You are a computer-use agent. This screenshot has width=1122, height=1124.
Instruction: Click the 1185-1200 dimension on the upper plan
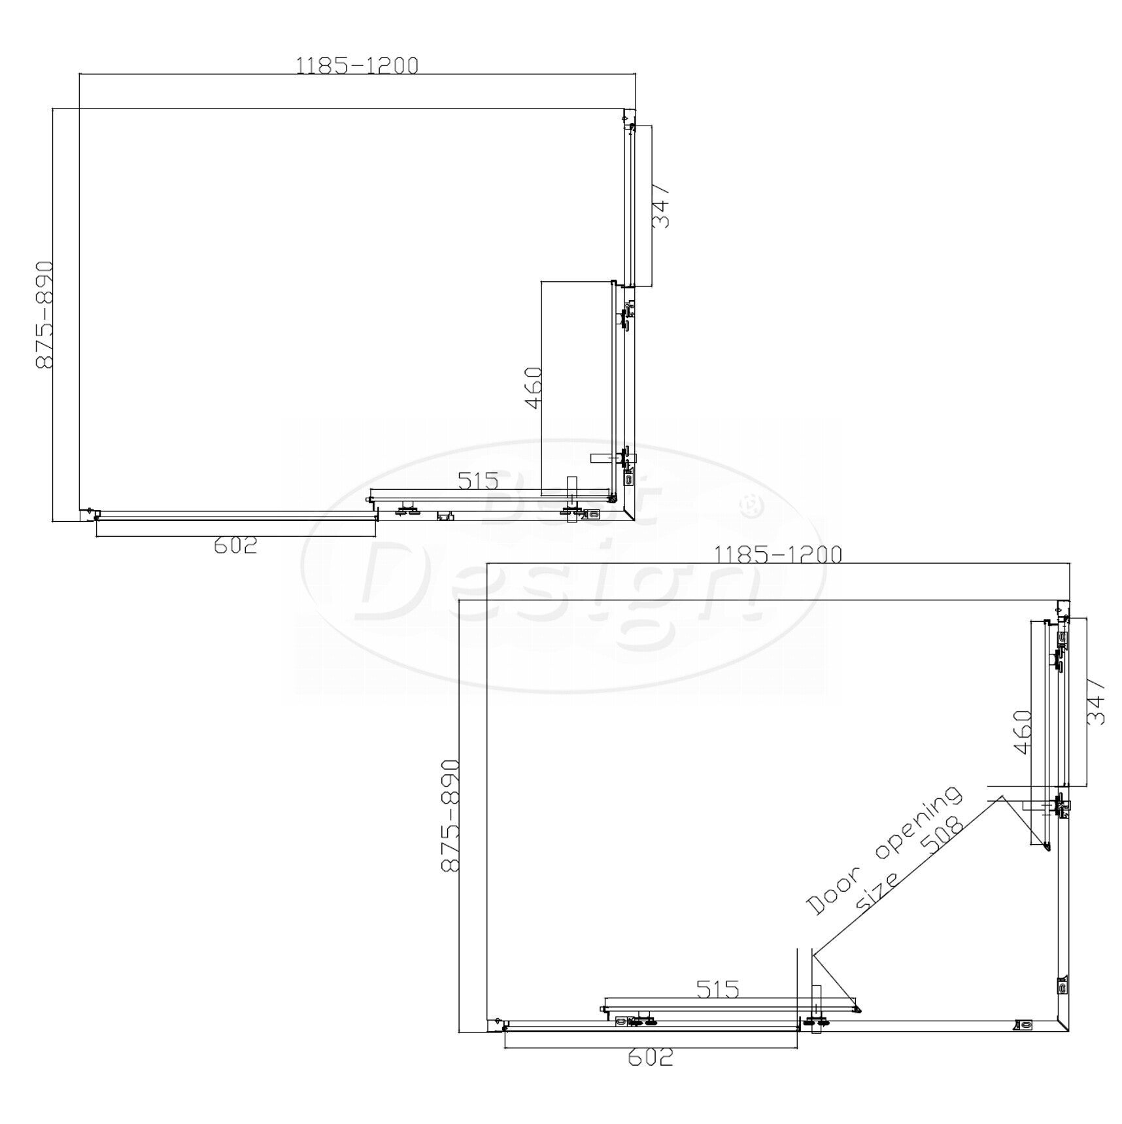357,65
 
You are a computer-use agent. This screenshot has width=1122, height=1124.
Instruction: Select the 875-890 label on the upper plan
44,315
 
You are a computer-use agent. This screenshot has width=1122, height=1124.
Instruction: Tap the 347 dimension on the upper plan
661,205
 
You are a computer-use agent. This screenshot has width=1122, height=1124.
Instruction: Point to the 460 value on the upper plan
534,388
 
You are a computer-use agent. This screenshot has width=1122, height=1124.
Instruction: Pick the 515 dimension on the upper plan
478,481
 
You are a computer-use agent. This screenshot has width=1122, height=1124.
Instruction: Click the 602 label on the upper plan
235,545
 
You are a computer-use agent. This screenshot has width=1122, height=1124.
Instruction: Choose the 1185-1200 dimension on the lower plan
777,554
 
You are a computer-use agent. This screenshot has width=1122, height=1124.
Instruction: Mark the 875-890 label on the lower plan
450,815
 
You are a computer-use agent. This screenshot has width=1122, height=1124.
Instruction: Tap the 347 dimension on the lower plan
1096,702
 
